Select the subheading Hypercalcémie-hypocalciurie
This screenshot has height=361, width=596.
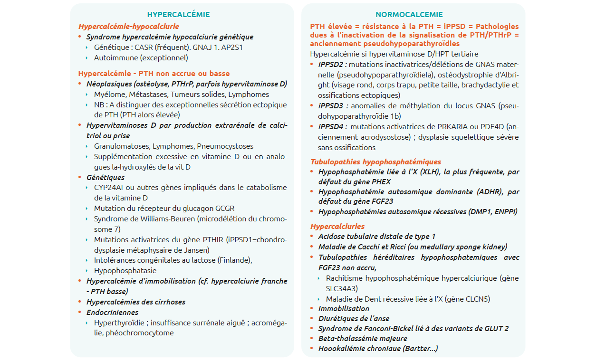(x=128, y=27)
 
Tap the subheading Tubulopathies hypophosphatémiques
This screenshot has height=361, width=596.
(x=375, y=162)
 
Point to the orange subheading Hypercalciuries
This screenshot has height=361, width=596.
(x=337, y=226)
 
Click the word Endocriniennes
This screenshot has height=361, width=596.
(x=112, y=313)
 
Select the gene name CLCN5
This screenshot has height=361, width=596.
(x=475, y=299)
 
